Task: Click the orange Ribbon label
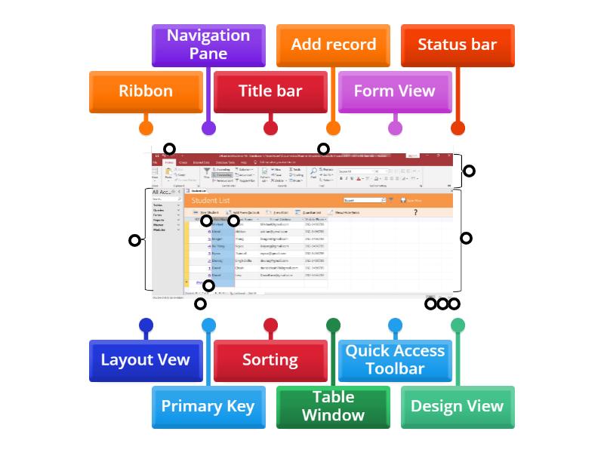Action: click(x=146, y=91)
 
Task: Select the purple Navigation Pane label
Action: click(x=208, y=45)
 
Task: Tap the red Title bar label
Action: click(x=270, y=91)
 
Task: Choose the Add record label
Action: click(x=333, y=45)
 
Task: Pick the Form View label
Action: click(x=395, y=91)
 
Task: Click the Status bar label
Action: click(x=458, y=45)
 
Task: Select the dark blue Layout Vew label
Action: click(x=146, y=360)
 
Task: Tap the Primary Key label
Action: click(x=208, y=406)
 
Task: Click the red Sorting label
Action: click(x=270, y=360)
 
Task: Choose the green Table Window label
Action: click(x=333, y=406)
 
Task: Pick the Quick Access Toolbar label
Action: click(x=395, y=360)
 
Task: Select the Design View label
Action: click(x=458, y=406)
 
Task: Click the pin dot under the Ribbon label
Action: click(x=146, y=128)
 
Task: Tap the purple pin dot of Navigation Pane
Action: click(x=208, y=128)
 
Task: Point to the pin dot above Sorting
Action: click(x=270, y=325)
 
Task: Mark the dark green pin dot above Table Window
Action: click(x=333, y=325)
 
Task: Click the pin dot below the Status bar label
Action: click(x=458, y=128)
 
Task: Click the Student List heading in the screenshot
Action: click(x=211, y=201)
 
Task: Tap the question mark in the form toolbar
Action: click(x=415, y=213)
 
